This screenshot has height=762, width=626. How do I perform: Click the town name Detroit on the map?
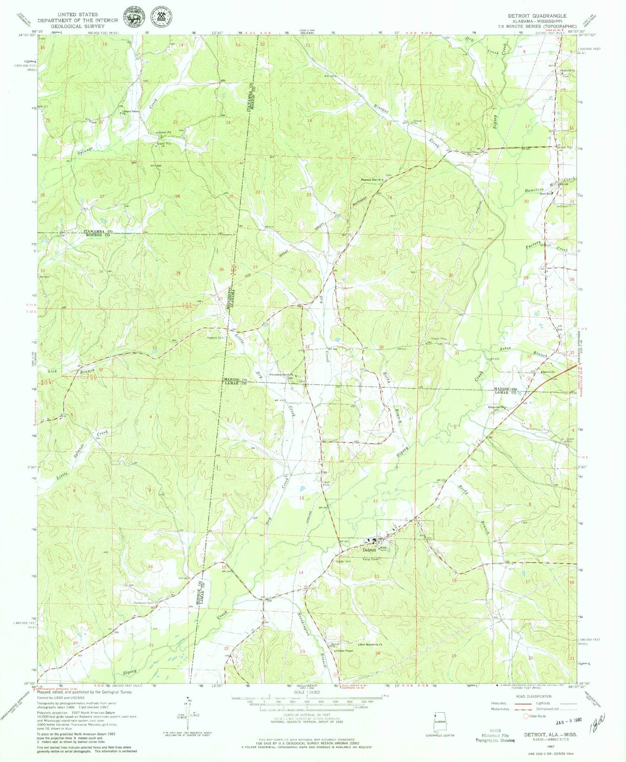[369, 550]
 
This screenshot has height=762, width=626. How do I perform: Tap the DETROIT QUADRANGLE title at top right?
[537, 16]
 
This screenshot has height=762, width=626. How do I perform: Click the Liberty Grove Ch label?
[130, 117]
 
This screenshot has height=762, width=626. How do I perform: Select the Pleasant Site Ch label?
[371, 180]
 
